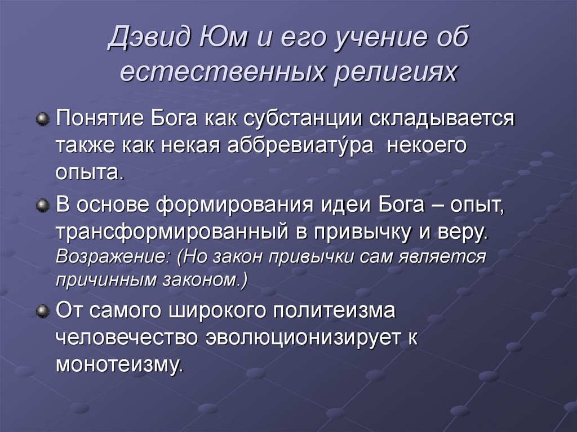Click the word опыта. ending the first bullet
(89, 172)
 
